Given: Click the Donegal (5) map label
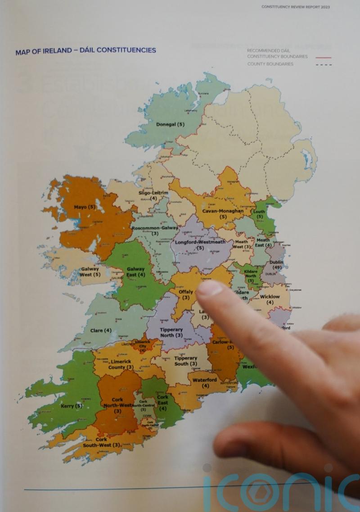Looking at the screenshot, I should pos(170,124).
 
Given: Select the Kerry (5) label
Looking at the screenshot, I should pos(72,406).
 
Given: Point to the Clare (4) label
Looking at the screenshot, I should pos(101,331).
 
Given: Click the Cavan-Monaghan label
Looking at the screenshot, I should pos(223,213).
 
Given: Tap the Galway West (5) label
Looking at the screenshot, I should pos(90,272).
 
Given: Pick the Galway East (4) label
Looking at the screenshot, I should pos(135,272).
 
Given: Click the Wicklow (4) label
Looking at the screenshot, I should pos(270,299).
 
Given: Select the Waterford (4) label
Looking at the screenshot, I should pos(205,383).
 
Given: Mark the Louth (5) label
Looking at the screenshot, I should pos(259,214).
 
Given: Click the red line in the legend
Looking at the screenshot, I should pos(323,57).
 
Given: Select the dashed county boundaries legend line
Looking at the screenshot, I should pos(323,65).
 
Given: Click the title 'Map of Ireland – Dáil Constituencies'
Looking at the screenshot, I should pos(85,50).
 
